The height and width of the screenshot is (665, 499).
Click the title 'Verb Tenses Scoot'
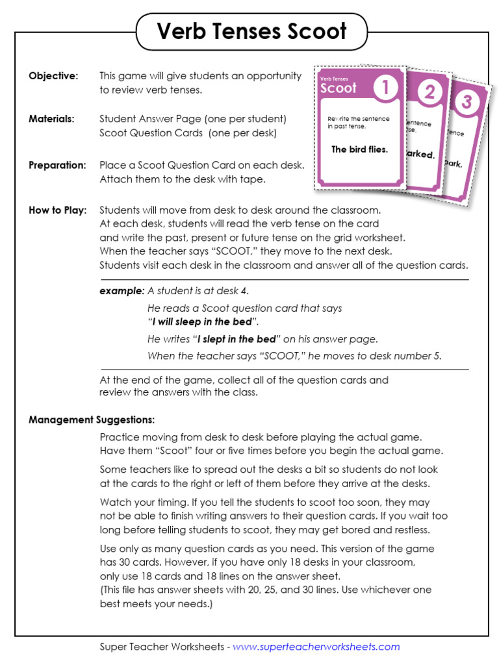click(251, 31)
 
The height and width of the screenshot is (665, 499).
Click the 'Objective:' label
click(53, 76)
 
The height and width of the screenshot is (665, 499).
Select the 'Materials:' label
click(51, 119)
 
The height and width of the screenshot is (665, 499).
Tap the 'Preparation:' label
click(57, 166)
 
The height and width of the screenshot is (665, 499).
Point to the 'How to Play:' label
click(58, 210)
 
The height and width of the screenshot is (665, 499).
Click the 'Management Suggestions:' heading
click(92, 420)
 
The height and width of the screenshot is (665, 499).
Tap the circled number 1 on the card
click(385, 88)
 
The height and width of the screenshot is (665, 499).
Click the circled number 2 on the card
click(429, 92)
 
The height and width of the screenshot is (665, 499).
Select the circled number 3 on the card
click(466, 101)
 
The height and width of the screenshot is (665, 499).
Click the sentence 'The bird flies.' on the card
click(359, 149)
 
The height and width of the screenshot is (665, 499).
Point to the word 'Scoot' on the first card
click(339, 88)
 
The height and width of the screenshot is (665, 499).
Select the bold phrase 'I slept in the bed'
click(237, 339)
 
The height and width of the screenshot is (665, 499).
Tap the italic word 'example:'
click(122, 291)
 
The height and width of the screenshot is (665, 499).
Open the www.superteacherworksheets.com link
click(316, 647)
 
